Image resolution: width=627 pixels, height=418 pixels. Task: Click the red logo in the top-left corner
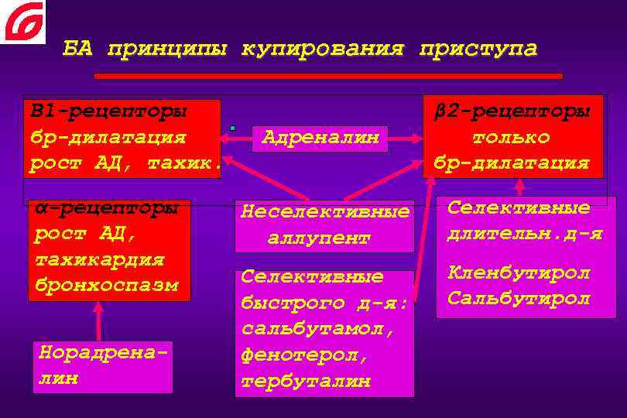coord(22,21)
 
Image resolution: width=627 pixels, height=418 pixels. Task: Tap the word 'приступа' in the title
coord(477,50)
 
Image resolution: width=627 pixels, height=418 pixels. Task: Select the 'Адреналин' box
coord(320,138)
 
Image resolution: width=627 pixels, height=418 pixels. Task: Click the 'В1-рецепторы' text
coord(108,111)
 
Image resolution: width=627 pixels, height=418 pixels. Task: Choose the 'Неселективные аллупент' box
coord(324,224)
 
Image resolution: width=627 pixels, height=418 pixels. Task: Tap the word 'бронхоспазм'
coord(106,284)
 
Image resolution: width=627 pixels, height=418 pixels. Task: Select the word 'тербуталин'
coord(306,382)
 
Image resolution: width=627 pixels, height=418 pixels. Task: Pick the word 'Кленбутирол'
coord(518,272)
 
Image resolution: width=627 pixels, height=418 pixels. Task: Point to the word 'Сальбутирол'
coord(518,298)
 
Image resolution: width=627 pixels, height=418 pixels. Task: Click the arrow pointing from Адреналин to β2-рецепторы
coord(406,139)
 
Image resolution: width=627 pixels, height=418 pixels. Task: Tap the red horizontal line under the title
coord(328,77)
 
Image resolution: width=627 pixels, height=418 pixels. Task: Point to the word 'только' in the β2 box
coord(511,137)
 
